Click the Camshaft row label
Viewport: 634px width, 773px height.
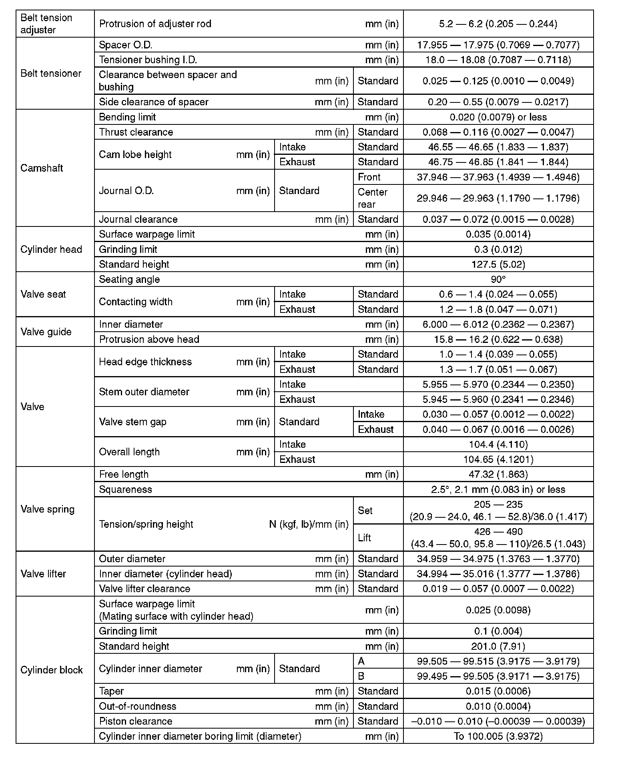point(42,168)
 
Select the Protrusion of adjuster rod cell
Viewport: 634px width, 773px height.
point(155,24)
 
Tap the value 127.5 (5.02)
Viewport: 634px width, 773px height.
point(498,264)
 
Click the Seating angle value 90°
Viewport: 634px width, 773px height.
point(498,279)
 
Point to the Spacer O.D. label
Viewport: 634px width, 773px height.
point(126,45)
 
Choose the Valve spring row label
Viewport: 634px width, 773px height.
point(47,509)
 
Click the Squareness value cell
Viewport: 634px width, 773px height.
point(498,489)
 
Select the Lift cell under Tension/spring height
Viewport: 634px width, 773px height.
point(365,538)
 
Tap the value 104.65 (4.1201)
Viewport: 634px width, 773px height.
point(498,459)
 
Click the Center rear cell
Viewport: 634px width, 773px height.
point(373,198)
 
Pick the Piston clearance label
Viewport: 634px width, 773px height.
point(136,721)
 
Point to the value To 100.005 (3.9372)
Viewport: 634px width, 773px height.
point(498,736)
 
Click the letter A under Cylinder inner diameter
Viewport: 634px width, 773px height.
point(361,661)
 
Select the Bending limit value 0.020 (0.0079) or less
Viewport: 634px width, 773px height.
point(498,117)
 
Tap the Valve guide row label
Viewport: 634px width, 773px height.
point(46,332)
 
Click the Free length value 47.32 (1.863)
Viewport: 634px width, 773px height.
point(498,475)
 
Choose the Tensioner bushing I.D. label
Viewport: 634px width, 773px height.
point(148,60)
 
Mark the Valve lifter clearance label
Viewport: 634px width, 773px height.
point(144,589)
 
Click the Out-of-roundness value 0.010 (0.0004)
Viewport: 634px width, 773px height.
point(498,706)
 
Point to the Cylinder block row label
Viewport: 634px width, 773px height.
point(52,670)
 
